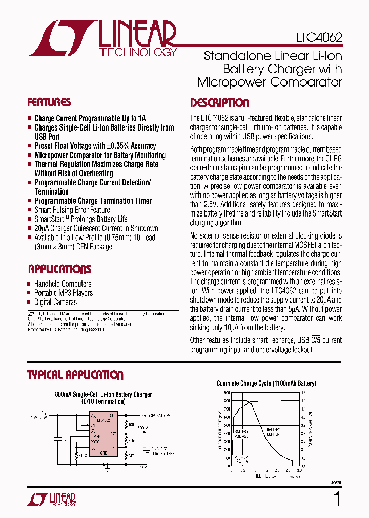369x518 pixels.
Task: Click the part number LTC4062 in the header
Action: click(x=319, y=38)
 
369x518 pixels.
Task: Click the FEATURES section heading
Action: click(x=49, y=102)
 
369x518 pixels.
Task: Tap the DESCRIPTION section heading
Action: click(x=219, y=103)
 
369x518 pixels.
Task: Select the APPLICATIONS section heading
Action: click(x=59, y=269)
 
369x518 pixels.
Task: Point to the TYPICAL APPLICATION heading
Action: click(x=75, y=375)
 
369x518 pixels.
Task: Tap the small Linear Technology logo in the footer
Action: click(x=52, y=499)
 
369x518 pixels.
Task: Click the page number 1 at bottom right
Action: click(x=336, y=499)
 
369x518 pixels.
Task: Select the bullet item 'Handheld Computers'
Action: click(x=63, y=284)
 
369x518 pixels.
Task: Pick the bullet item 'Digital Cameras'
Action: click(x=55, y=302)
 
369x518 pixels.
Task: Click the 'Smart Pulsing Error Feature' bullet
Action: click(x=72, y=210)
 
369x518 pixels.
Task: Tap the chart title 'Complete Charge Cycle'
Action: click(x=266, y=383)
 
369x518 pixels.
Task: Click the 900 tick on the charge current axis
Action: click(x=227, y=393)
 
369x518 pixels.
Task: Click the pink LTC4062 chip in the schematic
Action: click(x=104, y=433)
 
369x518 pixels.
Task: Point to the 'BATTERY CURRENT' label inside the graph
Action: click(x=273, y=431)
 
